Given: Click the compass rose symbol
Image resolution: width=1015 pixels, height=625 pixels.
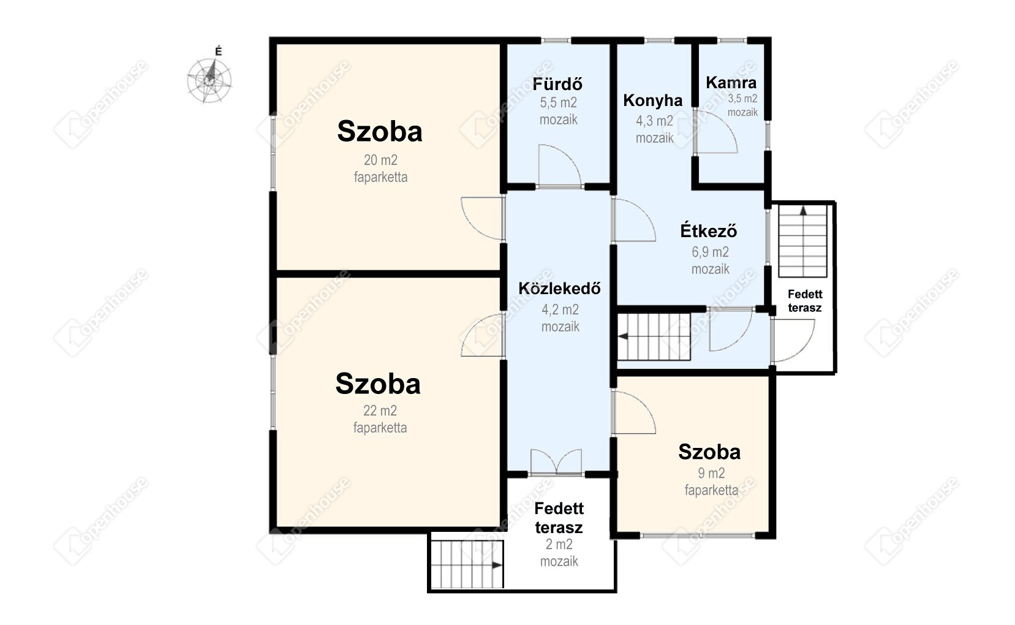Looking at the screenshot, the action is click(x=209, y=81).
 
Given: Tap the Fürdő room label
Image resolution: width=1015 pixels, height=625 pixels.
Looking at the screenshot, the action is click(x=557, y=84).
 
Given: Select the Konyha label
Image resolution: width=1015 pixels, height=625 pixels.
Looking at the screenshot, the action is click(x=652, y=100).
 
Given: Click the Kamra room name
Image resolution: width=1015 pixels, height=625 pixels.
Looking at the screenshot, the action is click(x=731, y=83).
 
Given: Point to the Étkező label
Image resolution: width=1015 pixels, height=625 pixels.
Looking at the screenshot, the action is click(x=709, y=231).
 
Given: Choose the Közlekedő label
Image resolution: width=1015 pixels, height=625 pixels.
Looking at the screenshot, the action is click(x=560, y=288).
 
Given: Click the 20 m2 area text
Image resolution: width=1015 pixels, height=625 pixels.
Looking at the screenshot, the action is click(x=380, y=160).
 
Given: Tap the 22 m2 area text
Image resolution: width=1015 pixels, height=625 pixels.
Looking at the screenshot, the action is click(x=380, y=411).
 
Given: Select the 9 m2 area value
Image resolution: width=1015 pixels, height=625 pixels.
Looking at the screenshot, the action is click(x=711, y=473).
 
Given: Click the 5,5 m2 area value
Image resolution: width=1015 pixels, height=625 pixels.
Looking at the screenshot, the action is click(x=558, y=103).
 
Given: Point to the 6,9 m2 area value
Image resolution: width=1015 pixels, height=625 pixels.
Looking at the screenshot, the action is click(x=710, y=252).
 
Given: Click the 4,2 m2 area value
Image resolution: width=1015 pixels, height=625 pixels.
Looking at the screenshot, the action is click(x=560, y=309).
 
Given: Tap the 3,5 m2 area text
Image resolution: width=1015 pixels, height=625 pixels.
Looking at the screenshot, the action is click(x=742, y=99).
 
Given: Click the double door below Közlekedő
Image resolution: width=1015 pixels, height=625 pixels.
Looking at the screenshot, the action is click(x=556, y=462).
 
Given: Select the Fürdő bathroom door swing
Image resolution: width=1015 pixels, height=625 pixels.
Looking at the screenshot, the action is click(x=560, y=165).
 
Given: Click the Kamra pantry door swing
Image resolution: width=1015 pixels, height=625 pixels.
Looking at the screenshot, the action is click(x=715, y=132).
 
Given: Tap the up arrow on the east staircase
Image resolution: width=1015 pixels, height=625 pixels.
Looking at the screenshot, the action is click(x=804, y=210).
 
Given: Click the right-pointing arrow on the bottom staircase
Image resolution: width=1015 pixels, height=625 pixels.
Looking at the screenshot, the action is click(x=497, y=565).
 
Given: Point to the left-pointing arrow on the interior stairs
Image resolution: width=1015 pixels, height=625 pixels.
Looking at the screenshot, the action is click(x=624, y=336).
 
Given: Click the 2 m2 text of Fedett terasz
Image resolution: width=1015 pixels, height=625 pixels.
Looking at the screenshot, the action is click(x=559, y=544).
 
